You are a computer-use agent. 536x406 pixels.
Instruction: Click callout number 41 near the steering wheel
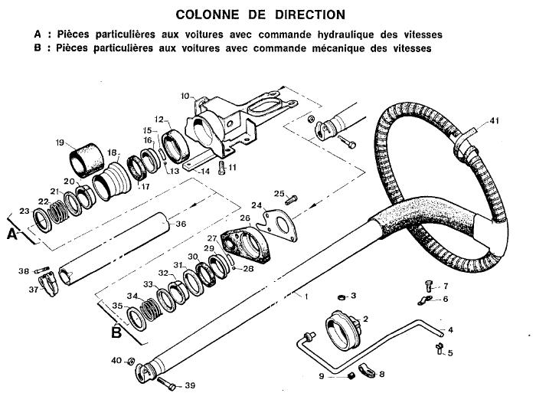495,120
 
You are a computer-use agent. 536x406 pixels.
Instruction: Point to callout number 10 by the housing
185,96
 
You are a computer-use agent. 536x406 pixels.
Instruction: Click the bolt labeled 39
166,383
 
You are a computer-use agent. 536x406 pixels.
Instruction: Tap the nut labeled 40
131,361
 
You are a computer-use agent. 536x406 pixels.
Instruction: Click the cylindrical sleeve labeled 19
87,160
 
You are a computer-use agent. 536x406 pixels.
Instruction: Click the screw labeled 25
290,199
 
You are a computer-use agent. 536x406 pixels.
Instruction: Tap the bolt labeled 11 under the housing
222,168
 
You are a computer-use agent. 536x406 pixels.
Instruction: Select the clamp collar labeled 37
48,283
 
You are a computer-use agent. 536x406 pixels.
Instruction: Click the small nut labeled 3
341,297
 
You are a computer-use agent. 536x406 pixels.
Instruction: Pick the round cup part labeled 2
342,329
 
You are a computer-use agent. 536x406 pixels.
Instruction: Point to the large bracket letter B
116,332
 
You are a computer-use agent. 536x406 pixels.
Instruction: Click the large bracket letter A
12,235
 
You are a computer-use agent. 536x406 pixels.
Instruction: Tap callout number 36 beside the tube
181,224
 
